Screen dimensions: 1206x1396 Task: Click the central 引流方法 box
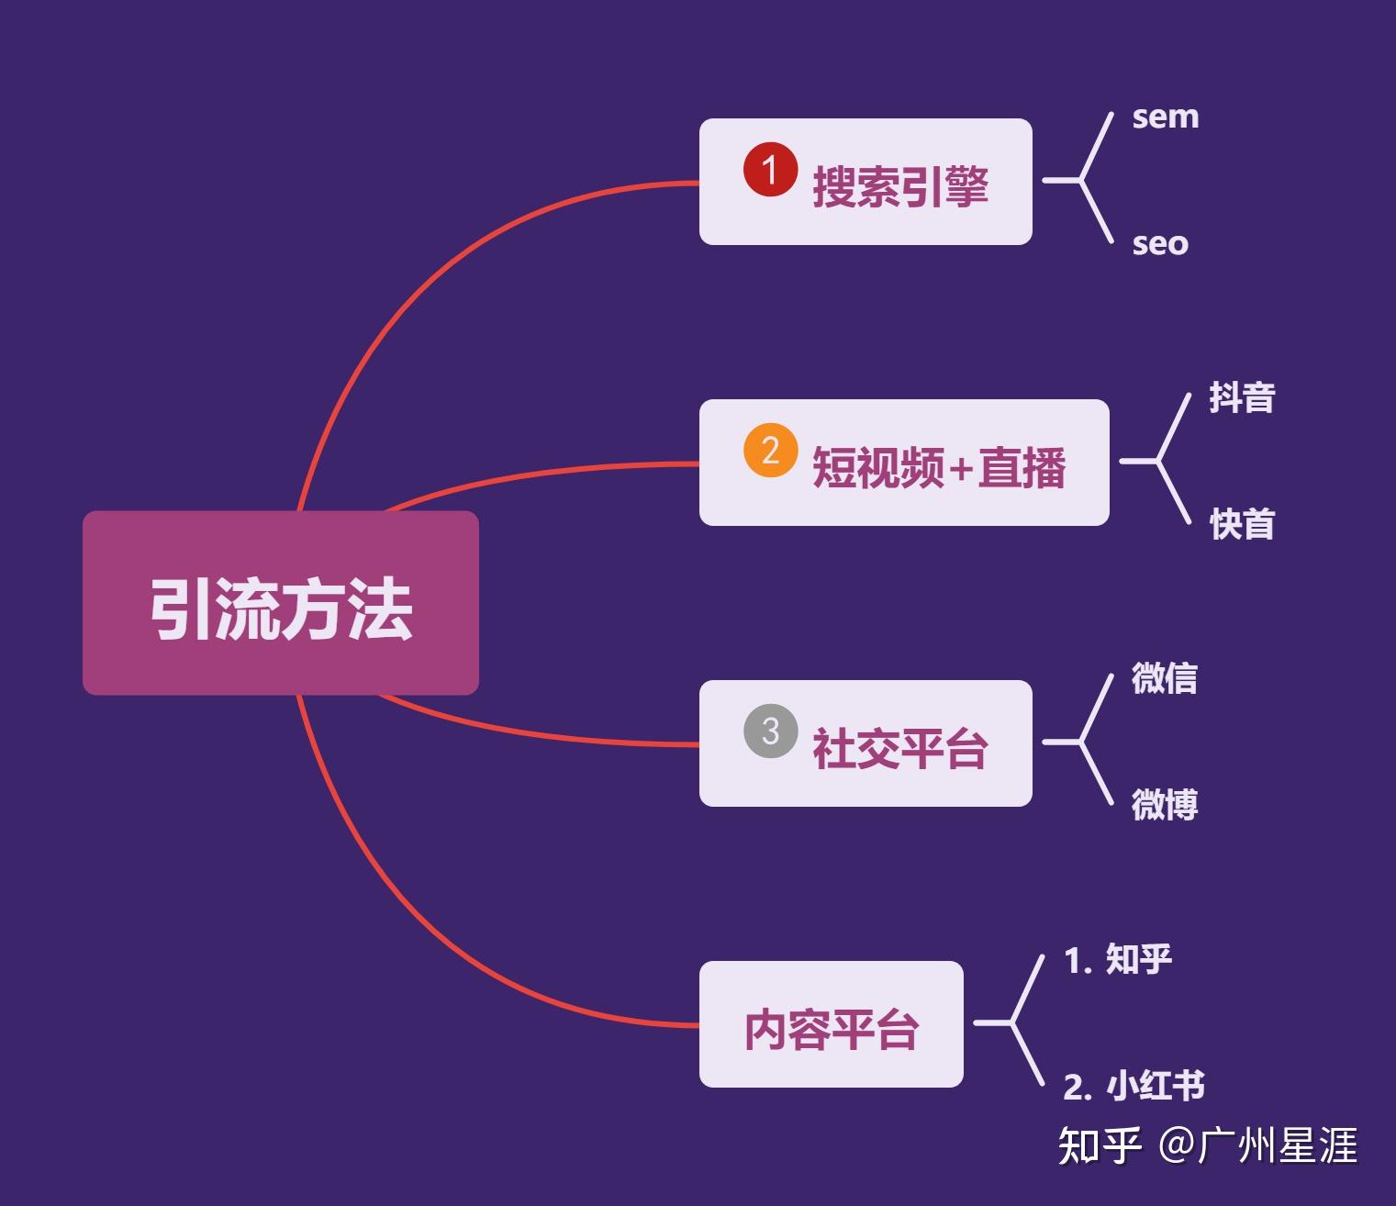(280, 603)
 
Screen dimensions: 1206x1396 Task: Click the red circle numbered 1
(770, 170)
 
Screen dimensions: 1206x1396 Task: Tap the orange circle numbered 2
(770, 451)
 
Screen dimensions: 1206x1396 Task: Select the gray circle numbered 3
(770, 731)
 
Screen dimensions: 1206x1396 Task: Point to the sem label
(1165, 117)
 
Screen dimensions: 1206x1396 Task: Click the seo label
(1160, 244)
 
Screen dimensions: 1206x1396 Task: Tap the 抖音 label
(1242, 398)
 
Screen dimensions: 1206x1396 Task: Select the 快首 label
(1242, 525)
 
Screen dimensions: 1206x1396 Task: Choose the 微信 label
(1164, 679)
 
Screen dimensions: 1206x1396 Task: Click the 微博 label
(1164, 805)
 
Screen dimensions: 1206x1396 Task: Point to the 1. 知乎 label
(1117, 960)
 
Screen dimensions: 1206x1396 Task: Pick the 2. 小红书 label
(1134, 1087)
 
